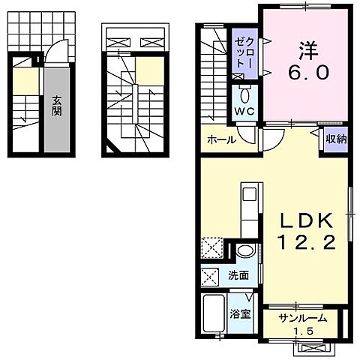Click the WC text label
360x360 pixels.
coord(243,112)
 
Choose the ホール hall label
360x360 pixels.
coord(221,139)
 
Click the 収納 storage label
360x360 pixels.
coord(336,139)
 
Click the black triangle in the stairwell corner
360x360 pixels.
coord(111,153)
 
